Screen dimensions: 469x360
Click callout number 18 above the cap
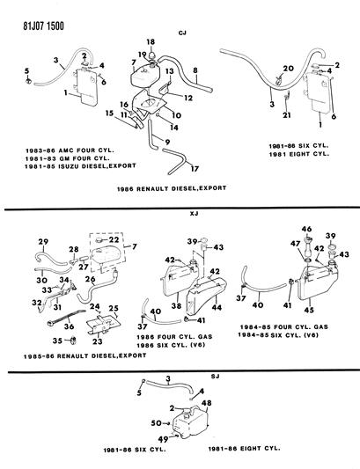(150, 41)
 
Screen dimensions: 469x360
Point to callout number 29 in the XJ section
(42, 242)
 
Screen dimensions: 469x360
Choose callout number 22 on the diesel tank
(114, 240)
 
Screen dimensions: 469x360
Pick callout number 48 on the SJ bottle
(207, 403)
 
